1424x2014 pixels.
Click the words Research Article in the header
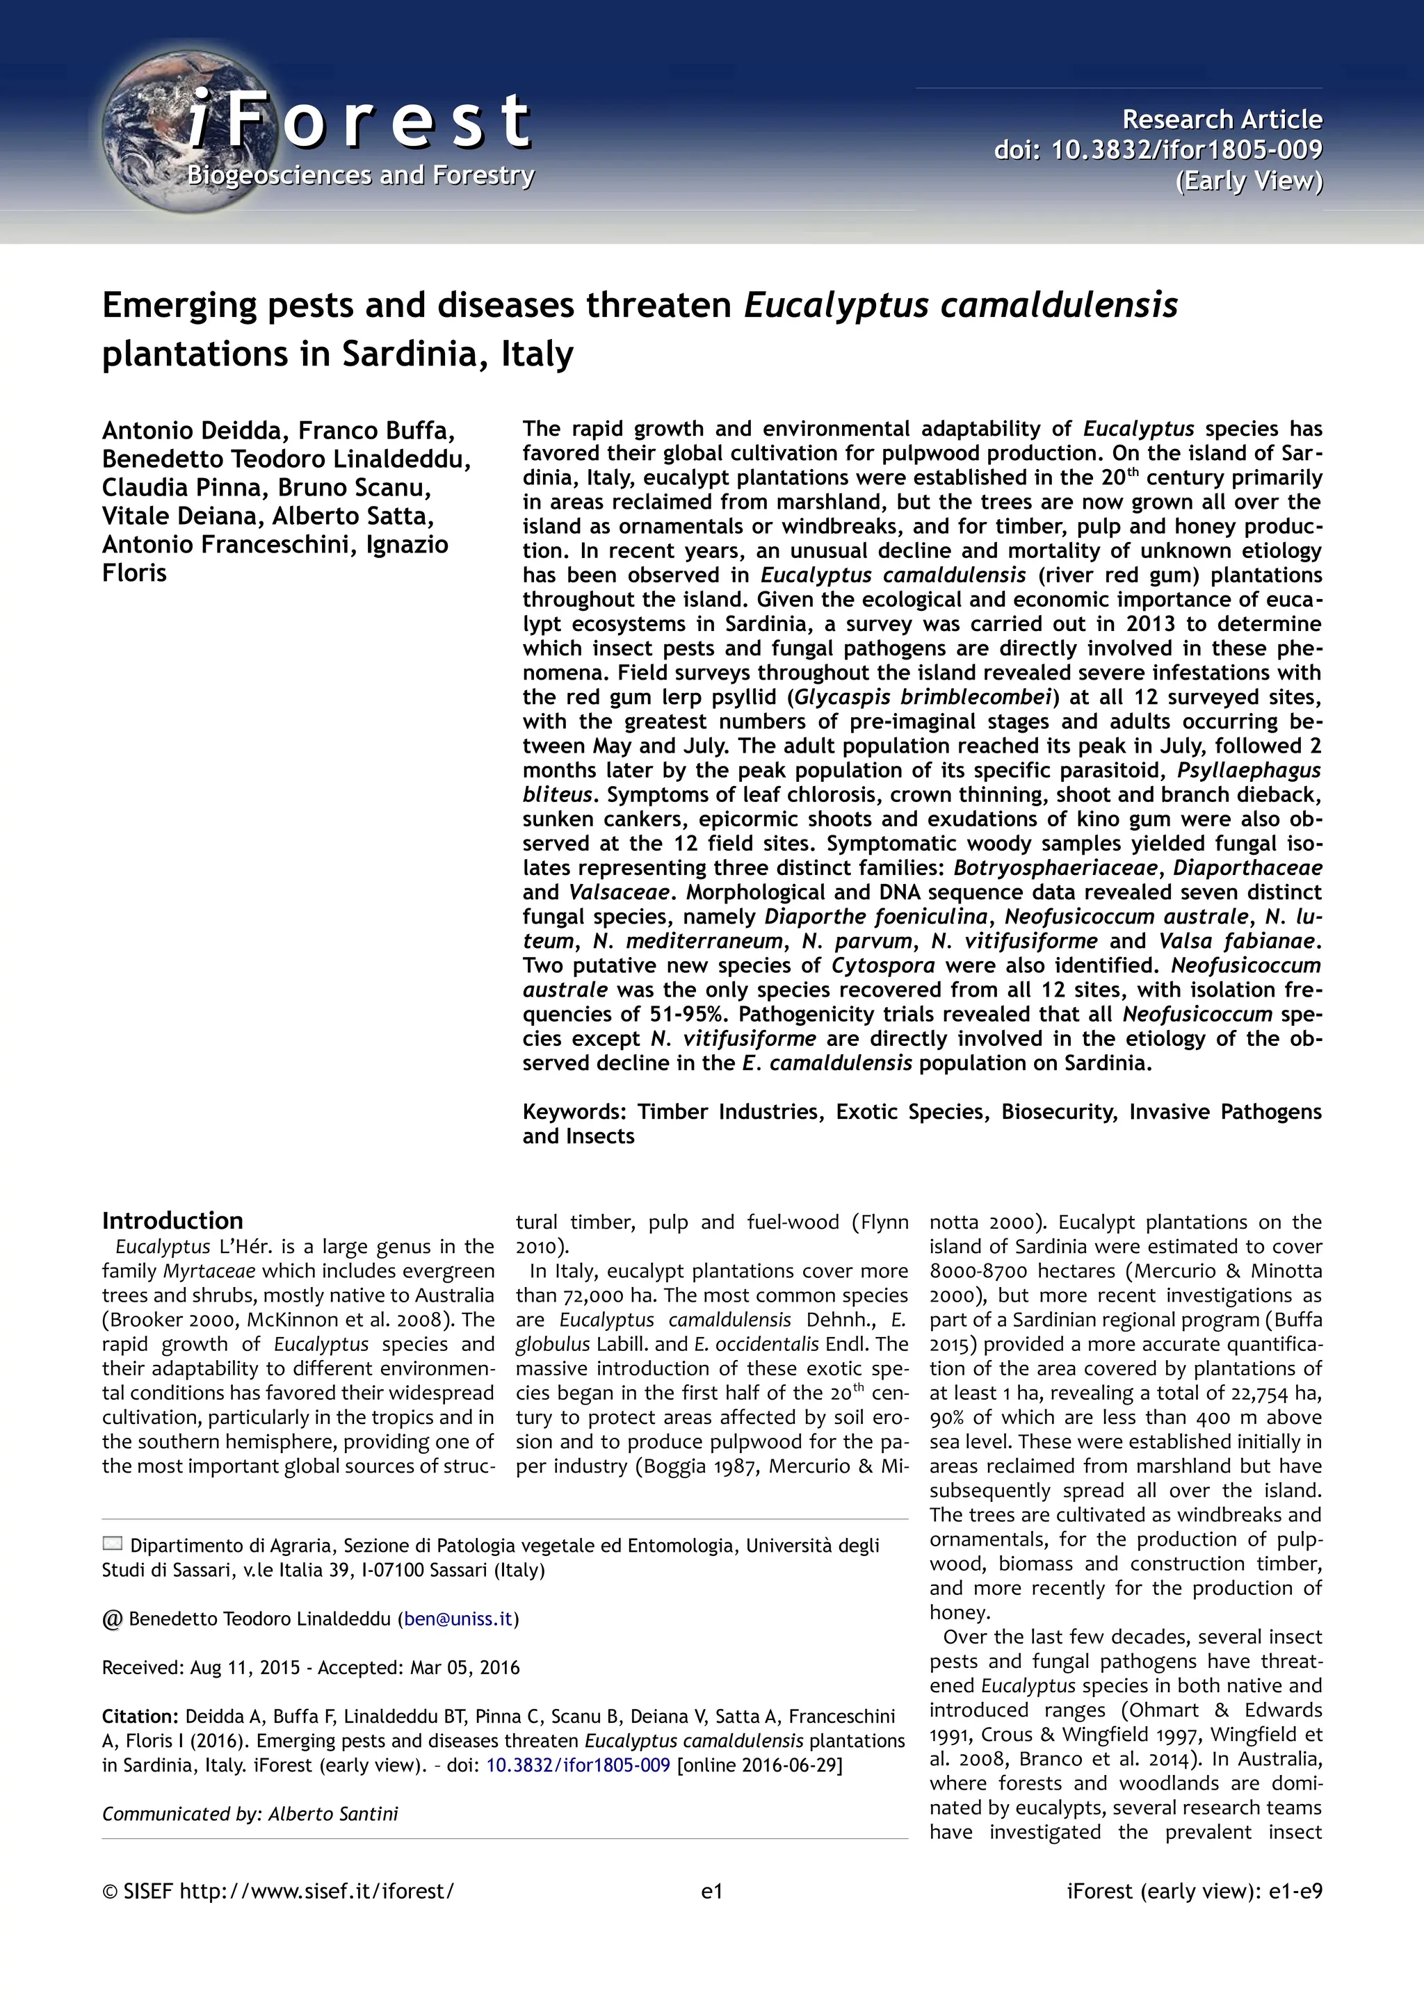point(1222,120)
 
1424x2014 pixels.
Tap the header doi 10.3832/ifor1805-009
point(1186,150)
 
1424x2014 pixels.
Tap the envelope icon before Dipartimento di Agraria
point(113,1544)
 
